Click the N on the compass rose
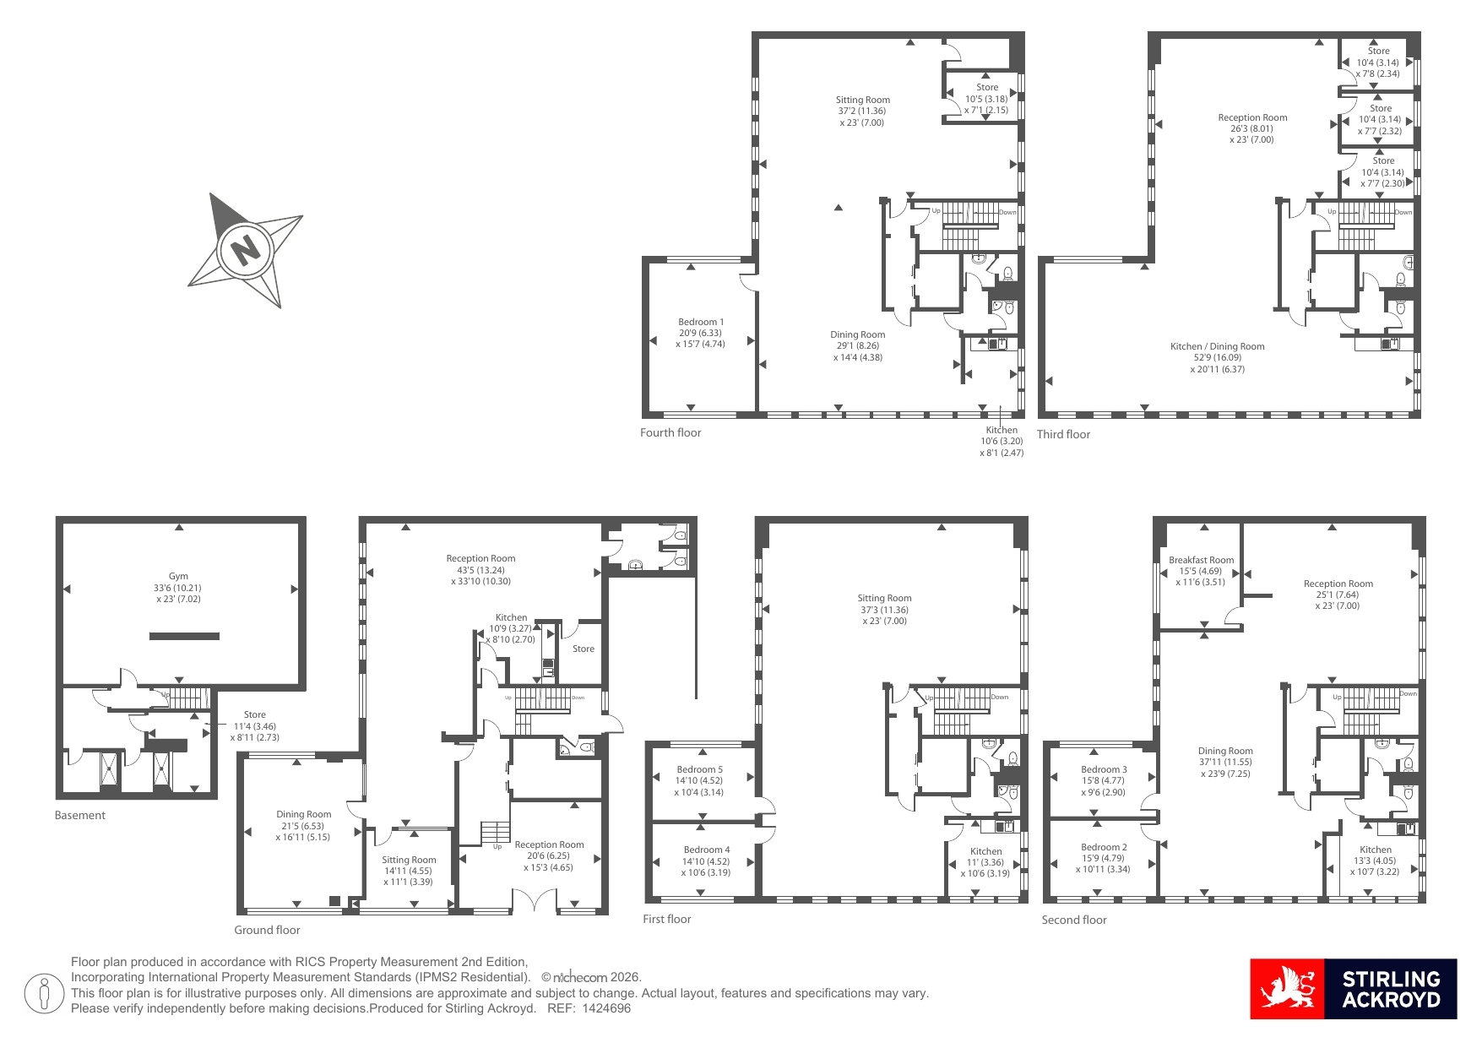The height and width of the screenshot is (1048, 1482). [x=245, y=251]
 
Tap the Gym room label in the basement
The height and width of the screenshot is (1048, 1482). [x=178, y=576]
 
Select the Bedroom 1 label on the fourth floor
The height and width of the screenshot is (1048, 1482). [x=701, y=322]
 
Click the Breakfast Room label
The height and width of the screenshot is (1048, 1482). [x=1201, y=560]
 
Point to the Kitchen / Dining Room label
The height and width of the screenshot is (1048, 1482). [x=1217, y=346]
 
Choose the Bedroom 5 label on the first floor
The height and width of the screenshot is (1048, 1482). [x=699, y=769]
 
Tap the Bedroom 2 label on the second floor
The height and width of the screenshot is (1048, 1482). [x=1104, y=847]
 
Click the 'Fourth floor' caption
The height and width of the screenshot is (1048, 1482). [x=670, y=432]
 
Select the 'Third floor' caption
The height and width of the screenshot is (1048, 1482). [x=1063, y=434]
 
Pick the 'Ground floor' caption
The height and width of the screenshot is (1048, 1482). [x=267, y=930]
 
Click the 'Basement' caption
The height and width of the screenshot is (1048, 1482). [x=80, y=815]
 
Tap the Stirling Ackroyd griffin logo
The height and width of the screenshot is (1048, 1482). [x=1288, y=989]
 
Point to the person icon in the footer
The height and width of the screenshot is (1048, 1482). [x=44, y=994]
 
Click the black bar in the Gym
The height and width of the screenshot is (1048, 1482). [x=184, y=636]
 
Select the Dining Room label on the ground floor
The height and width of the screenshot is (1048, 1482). [x=304, y=814]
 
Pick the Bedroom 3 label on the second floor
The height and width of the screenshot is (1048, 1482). [x=1104, y=769]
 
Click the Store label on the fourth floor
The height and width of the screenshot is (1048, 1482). [x=987, y=87]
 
